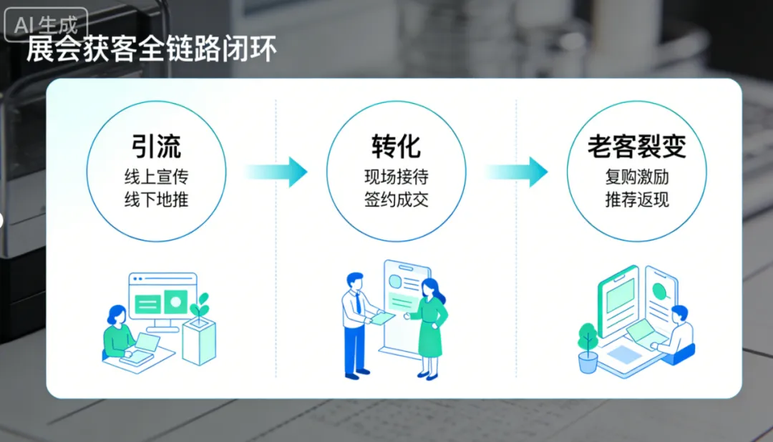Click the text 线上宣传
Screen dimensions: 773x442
pyautogui.click(x=156, y=177)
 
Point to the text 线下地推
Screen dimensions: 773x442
pyautogui.click(x=156, y=199)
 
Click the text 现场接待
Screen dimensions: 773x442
pyautogui.click(x=396, y=177)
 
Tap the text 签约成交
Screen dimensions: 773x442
pyautogui.click(x=396, y=199)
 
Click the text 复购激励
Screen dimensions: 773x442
pyautogui.click(x=636, y=177)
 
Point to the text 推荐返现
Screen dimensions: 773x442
pyautogui.click(x=636, y=199)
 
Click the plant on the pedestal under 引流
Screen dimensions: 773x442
pyautogui.click(x=200, y=306)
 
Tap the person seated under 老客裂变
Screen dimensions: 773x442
pyautogui.click(x=678, y=333)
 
